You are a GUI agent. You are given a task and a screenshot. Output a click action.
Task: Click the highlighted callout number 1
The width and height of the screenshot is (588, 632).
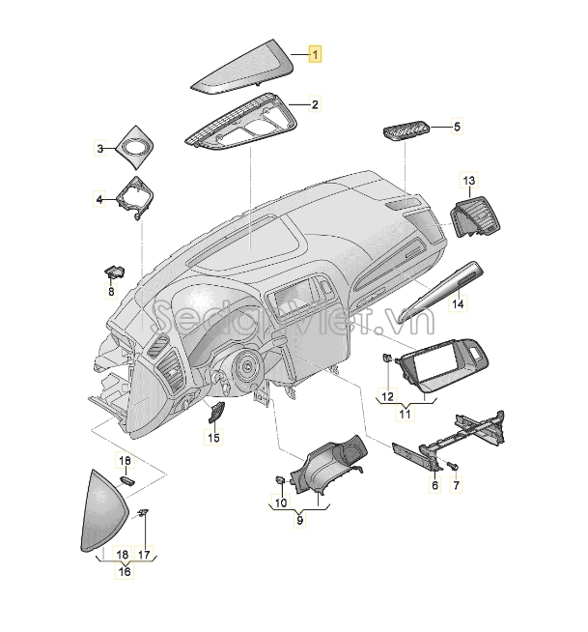(x=315, y=53)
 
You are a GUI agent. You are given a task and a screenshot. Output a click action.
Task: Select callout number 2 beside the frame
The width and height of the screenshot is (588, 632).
(x=315, y=104)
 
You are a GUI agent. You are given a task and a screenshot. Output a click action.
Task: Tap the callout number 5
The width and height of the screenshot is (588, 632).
(x=457, y=127)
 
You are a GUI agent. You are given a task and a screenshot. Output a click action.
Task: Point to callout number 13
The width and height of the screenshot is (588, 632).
(x=469, y=180)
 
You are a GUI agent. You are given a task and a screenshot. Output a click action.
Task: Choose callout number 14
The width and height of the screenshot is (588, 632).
(x=458, y=303)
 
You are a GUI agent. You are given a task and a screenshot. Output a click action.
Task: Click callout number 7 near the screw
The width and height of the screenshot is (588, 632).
(x=457, y=484)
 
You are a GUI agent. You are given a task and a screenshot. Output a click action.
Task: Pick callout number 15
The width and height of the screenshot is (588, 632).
(x=213, y=437)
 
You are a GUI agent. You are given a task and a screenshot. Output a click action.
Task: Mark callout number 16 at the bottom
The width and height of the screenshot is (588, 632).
(x=125, y=571)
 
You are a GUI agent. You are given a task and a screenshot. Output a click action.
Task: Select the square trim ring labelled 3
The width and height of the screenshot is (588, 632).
(x=135, y=148)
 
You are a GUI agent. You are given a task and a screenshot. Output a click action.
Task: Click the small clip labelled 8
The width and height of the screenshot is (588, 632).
(x=115, y=273)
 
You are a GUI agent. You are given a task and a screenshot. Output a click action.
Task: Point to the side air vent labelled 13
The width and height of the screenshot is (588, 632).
(x=475, y=216)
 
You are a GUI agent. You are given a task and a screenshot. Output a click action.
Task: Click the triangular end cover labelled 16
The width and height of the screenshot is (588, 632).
(x=104, y=511)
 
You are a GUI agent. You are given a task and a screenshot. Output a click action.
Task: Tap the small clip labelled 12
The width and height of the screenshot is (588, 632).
(x=386, y=358)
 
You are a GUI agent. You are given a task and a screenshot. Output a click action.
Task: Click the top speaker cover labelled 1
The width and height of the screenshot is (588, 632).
(x=241, y=67)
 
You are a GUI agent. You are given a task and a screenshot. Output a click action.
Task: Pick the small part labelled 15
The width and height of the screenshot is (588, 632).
(x=215, y=412)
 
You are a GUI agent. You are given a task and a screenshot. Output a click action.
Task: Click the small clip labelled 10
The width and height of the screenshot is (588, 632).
(x=281, y=480)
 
